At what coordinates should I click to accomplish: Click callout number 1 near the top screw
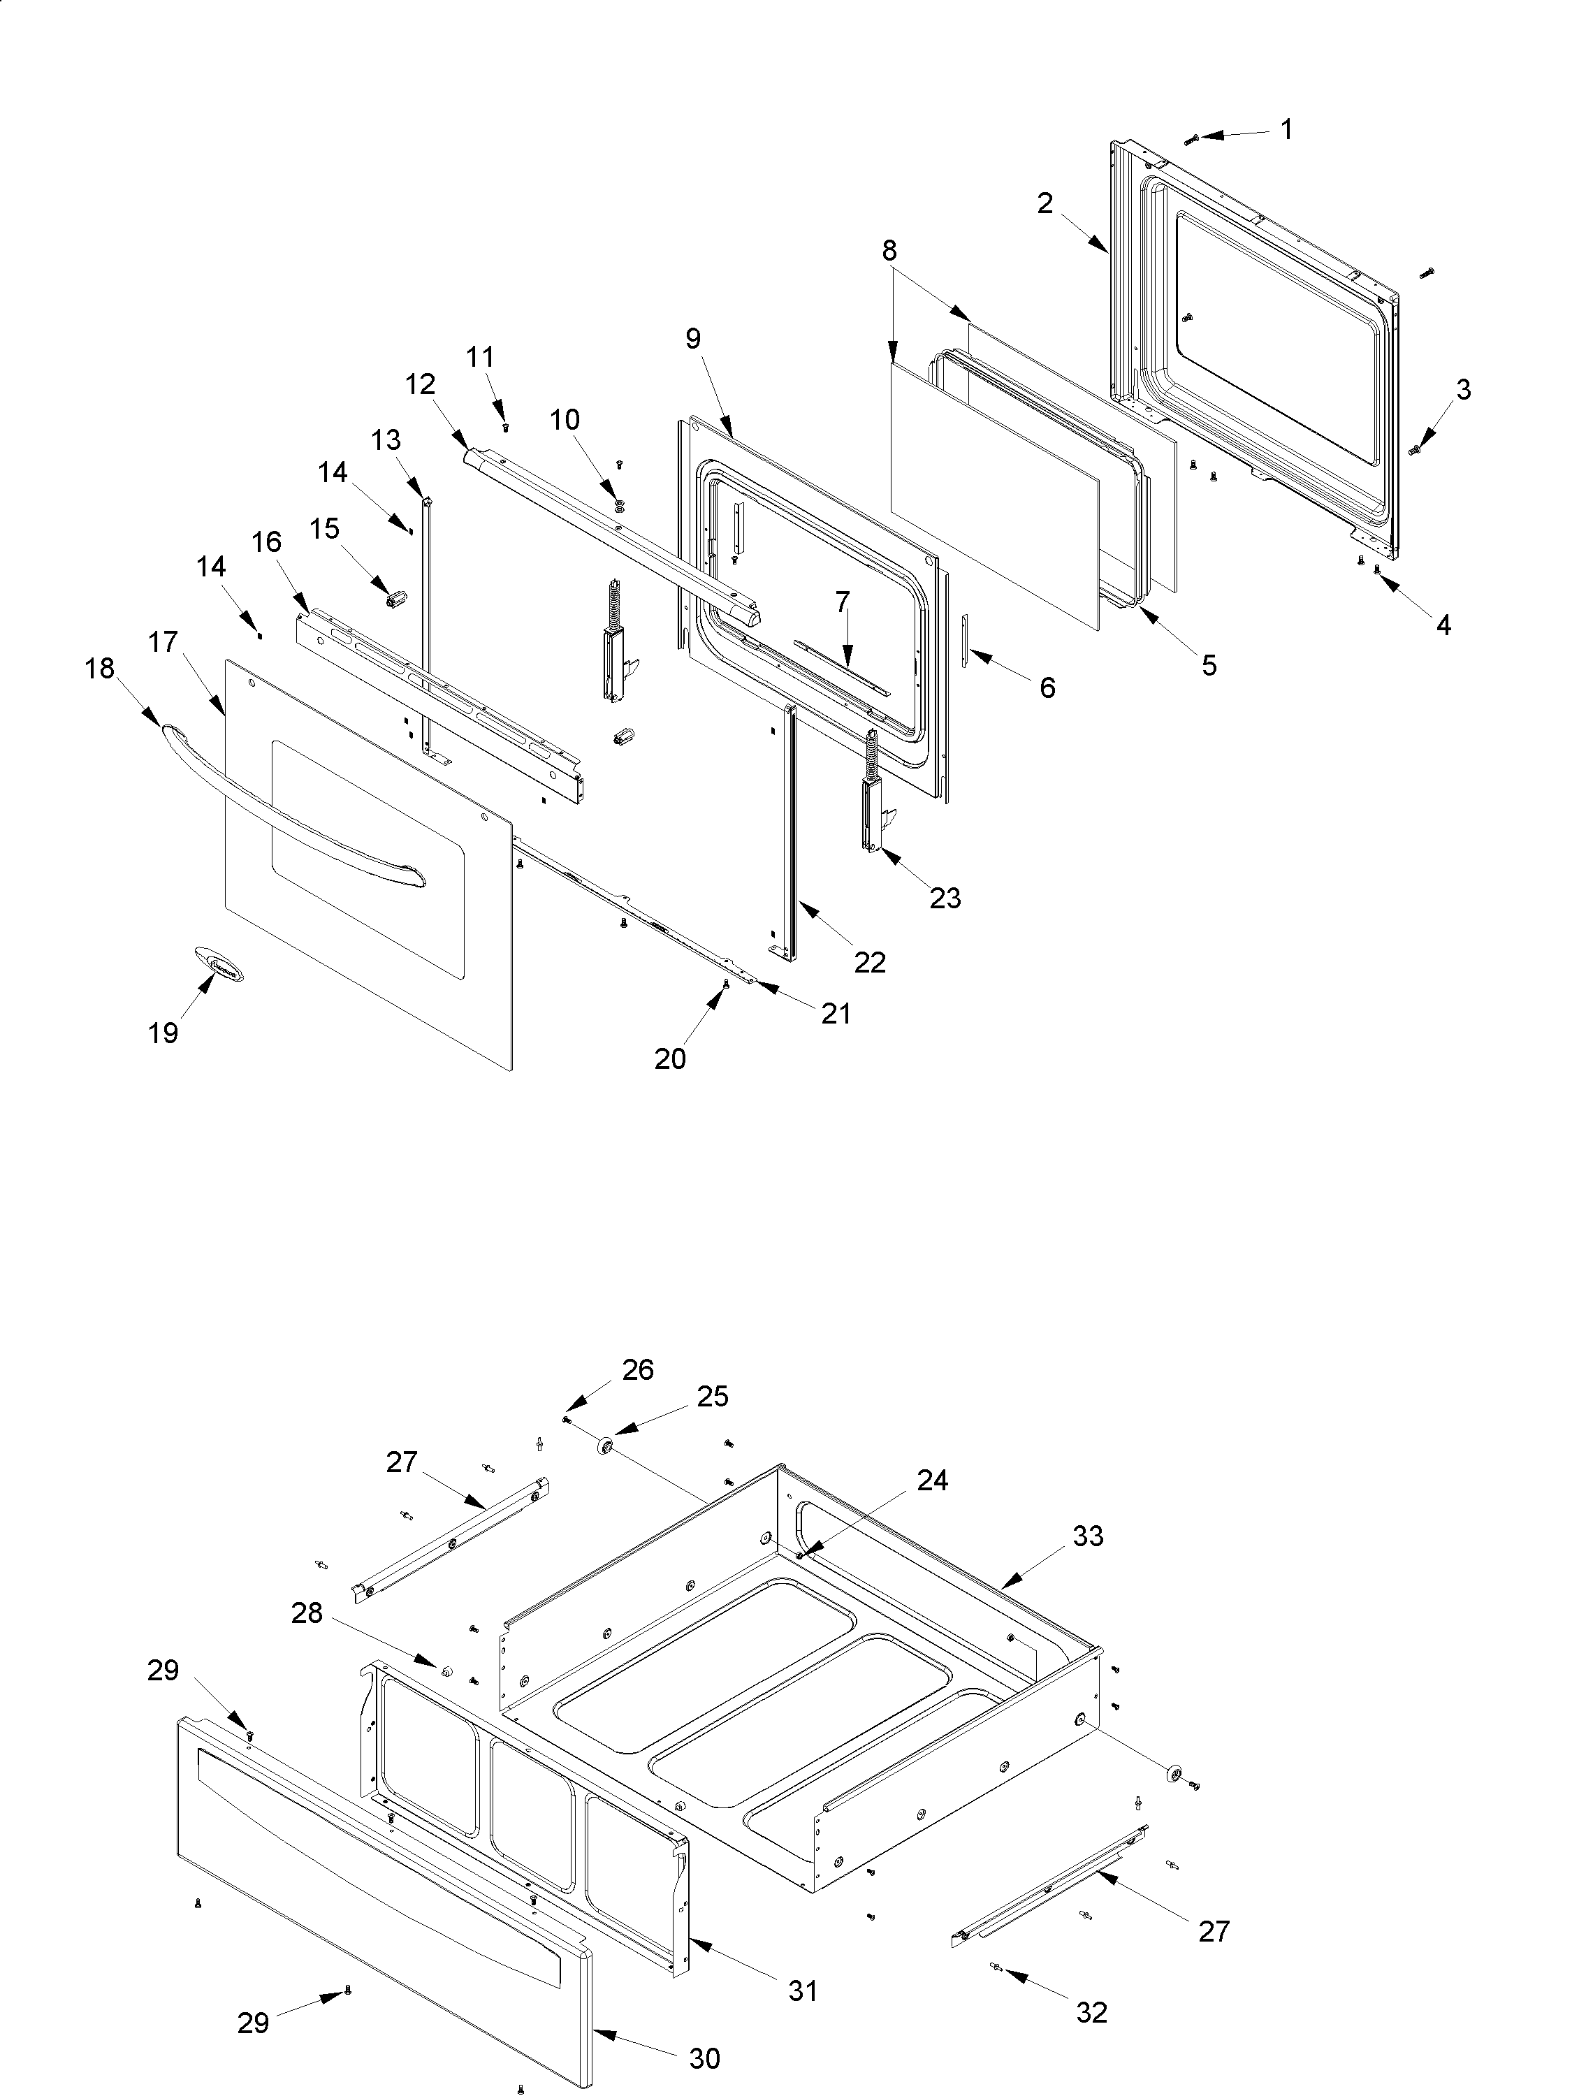pyautogui.click(x=1286, y=129)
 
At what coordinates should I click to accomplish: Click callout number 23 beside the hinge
pyautogui.click(x=945, y=896)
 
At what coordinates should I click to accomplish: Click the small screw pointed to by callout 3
pyautogui.click(x=1415, y=450)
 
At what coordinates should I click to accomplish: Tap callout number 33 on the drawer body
pyautogui.click(x=1088, y=1535)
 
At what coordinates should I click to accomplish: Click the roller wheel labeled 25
pyautogui.click(x=602, y=1447)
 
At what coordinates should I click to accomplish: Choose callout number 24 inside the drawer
pyautogui.click(x=933, y=1480)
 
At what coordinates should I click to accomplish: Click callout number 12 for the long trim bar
pyautogui.click(x=420, y=384)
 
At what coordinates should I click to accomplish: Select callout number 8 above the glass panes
pyautogui.click(x=889, y=250)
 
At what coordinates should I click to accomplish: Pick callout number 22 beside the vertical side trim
pyautogui.click(x=869, y=962)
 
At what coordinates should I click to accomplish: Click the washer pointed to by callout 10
pyautogui.click(x=620, y=500)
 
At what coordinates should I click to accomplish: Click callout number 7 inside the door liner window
pyautogui.click(x=843, y=601)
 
